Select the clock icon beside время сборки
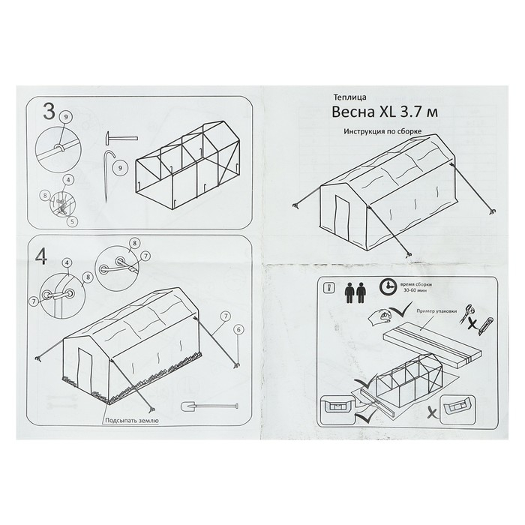click(388, 287)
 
